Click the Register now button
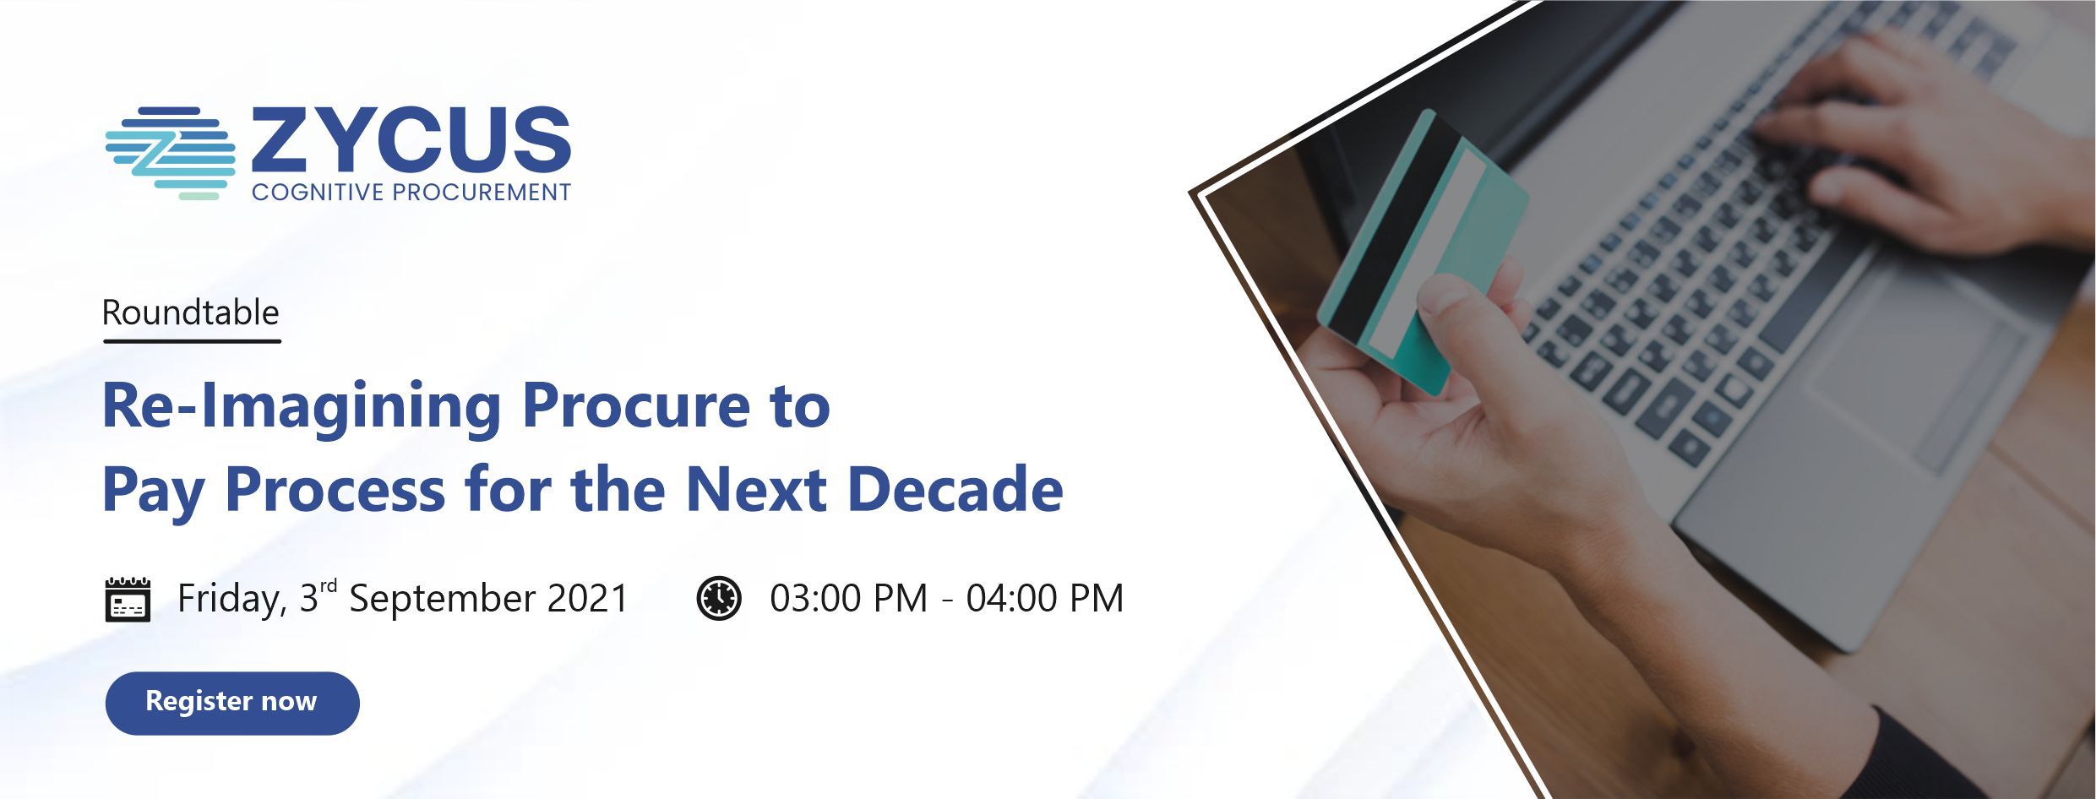coord(232,703)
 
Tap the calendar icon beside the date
coord(128,599)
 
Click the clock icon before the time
coord(718,598)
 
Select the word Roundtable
coord(190,313)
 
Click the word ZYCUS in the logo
coord(411,138)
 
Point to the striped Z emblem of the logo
coord(170,153)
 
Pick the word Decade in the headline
coord(955,489)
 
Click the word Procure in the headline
coord(636,406)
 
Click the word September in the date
coord(442,600)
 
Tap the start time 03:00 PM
coord(848,598)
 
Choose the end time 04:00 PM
coord(1045,598)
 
